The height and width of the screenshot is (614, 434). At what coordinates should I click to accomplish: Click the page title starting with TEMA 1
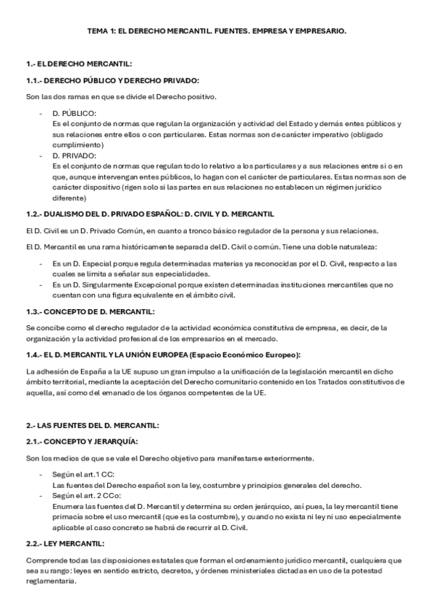pos(217,31)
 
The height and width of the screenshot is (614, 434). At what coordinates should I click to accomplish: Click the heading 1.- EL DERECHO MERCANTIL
pos(78,64)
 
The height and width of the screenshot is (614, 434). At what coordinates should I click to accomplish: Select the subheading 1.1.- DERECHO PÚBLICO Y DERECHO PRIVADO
pos(112,80)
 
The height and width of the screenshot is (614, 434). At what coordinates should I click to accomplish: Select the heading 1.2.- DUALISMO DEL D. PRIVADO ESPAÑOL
pos(149,214)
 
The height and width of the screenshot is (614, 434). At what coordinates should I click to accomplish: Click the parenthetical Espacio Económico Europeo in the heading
pos(242,354)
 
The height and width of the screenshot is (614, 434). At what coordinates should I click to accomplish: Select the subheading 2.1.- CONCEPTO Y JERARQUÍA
pos(83,441)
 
